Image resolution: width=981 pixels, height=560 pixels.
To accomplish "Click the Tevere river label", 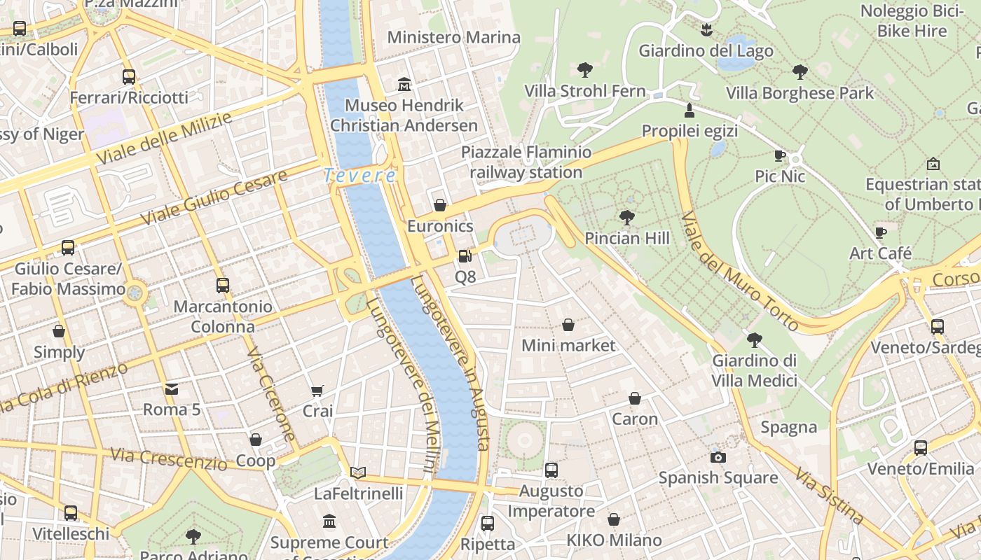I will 360,176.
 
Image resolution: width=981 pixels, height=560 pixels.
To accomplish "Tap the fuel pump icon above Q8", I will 465,256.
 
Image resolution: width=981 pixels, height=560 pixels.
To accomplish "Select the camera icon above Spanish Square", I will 718,457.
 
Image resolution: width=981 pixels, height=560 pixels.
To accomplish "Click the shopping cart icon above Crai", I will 317,391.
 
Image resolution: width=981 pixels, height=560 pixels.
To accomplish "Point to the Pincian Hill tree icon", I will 627,218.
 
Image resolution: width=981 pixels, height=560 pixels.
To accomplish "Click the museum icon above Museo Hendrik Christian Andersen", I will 404,85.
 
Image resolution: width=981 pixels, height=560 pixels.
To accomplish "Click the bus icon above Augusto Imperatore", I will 551,470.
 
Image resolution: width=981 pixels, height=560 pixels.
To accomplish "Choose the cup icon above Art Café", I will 881,232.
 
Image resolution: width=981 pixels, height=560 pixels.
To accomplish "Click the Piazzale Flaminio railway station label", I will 526,162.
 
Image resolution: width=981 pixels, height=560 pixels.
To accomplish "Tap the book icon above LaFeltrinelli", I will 358,473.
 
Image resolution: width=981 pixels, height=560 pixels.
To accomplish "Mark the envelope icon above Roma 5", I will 172,389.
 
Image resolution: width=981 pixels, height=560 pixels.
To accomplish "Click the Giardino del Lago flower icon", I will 706,30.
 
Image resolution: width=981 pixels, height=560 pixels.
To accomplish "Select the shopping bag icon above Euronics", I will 440,205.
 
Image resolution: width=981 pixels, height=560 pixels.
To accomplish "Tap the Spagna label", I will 789,427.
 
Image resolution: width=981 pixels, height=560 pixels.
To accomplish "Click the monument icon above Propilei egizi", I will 690,111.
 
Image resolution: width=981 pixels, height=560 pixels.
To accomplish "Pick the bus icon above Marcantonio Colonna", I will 223,286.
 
